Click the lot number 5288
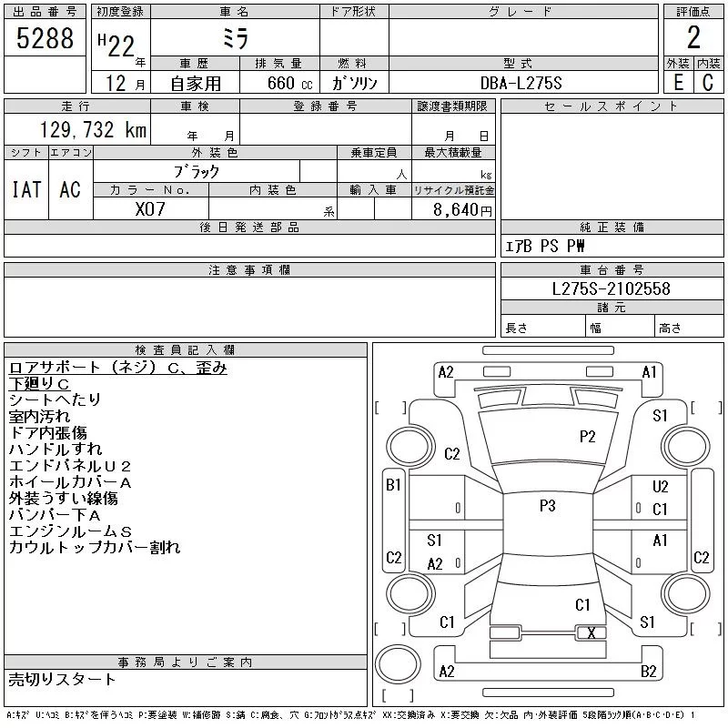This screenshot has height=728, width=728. [45, 38]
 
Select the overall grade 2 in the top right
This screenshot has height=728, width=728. [693, 37]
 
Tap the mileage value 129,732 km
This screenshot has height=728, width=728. [93, 130]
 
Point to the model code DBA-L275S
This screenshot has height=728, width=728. [521, 83]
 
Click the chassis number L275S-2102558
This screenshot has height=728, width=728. [611, 288]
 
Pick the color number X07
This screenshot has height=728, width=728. [150, 209]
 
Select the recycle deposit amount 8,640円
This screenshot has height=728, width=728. [462, 210]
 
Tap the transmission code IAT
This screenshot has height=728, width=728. [26, 189]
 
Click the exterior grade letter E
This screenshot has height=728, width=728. [678, 83]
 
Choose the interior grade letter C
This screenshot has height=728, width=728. [708, 83]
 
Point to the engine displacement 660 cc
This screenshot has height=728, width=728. [289, 84]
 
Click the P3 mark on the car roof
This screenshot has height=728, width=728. [548, 506]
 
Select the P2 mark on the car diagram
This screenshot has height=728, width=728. [587, 437]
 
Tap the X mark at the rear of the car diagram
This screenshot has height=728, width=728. [591, 632]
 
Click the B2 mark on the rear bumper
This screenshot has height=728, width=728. [649, 672]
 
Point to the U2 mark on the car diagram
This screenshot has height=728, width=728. [661, 487]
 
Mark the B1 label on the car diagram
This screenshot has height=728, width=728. [393, 485]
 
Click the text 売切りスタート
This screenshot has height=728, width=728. [62, 679]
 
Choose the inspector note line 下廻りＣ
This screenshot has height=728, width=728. [39, 384]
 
